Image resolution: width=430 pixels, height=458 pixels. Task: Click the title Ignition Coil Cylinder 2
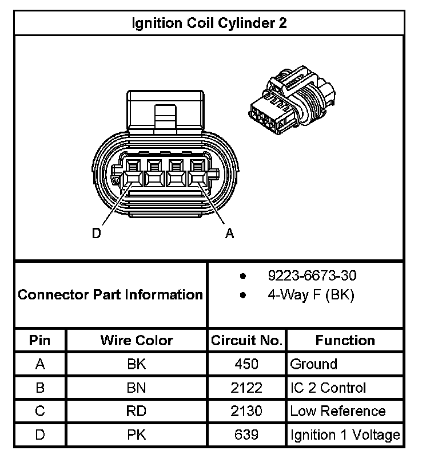(209, 23)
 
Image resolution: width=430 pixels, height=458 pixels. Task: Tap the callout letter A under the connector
(230, 233)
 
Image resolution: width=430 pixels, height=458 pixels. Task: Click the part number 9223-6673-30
(312, 276)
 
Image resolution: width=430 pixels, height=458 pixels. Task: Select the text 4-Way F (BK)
(310, 296)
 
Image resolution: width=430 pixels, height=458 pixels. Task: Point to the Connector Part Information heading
(110, 295)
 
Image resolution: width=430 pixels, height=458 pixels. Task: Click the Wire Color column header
(137, 341)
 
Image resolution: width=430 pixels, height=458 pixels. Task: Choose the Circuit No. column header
(246, 341)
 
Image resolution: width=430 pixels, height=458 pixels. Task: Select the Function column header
(345, 341)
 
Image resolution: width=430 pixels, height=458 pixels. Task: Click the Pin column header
(40, 341)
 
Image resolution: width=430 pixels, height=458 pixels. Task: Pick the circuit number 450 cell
(246, 364)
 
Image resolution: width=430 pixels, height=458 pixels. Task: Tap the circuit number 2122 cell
(246, 388)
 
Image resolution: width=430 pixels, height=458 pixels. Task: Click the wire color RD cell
(137, 411)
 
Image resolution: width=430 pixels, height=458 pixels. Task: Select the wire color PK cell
(137, 435)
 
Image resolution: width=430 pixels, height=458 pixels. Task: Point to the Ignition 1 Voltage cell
(345, 435)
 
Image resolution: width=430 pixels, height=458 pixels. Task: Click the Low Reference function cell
(338, 411)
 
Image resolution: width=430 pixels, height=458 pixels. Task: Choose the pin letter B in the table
(40, 388)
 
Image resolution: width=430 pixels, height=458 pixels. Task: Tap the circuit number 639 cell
(246, 435)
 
